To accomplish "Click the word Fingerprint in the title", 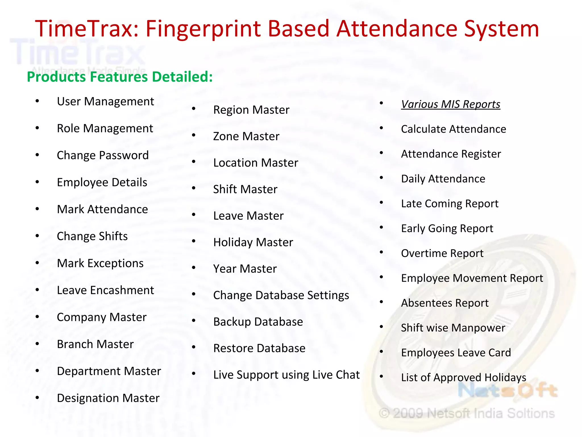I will coord(203,29).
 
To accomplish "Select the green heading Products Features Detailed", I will coord(120,77).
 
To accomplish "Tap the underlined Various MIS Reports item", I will coord(450,104).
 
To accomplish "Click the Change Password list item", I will coord(103,155).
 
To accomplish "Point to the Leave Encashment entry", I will coord(105,290).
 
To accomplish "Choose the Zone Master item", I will coord(246,136).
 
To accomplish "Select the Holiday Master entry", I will coord(253,242).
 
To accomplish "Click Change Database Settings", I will coord(281,295).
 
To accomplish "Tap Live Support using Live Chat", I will coord(286,375).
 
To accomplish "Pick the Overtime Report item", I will coord(442,253).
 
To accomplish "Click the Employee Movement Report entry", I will coord(472,278).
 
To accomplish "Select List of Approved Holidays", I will coord(463,378).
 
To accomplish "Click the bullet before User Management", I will coord(37,101).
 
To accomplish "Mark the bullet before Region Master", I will coord(194,109).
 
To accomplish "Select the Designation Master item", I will coord(108,398).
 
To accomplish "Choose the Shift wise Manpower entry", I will coord(453,328).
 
